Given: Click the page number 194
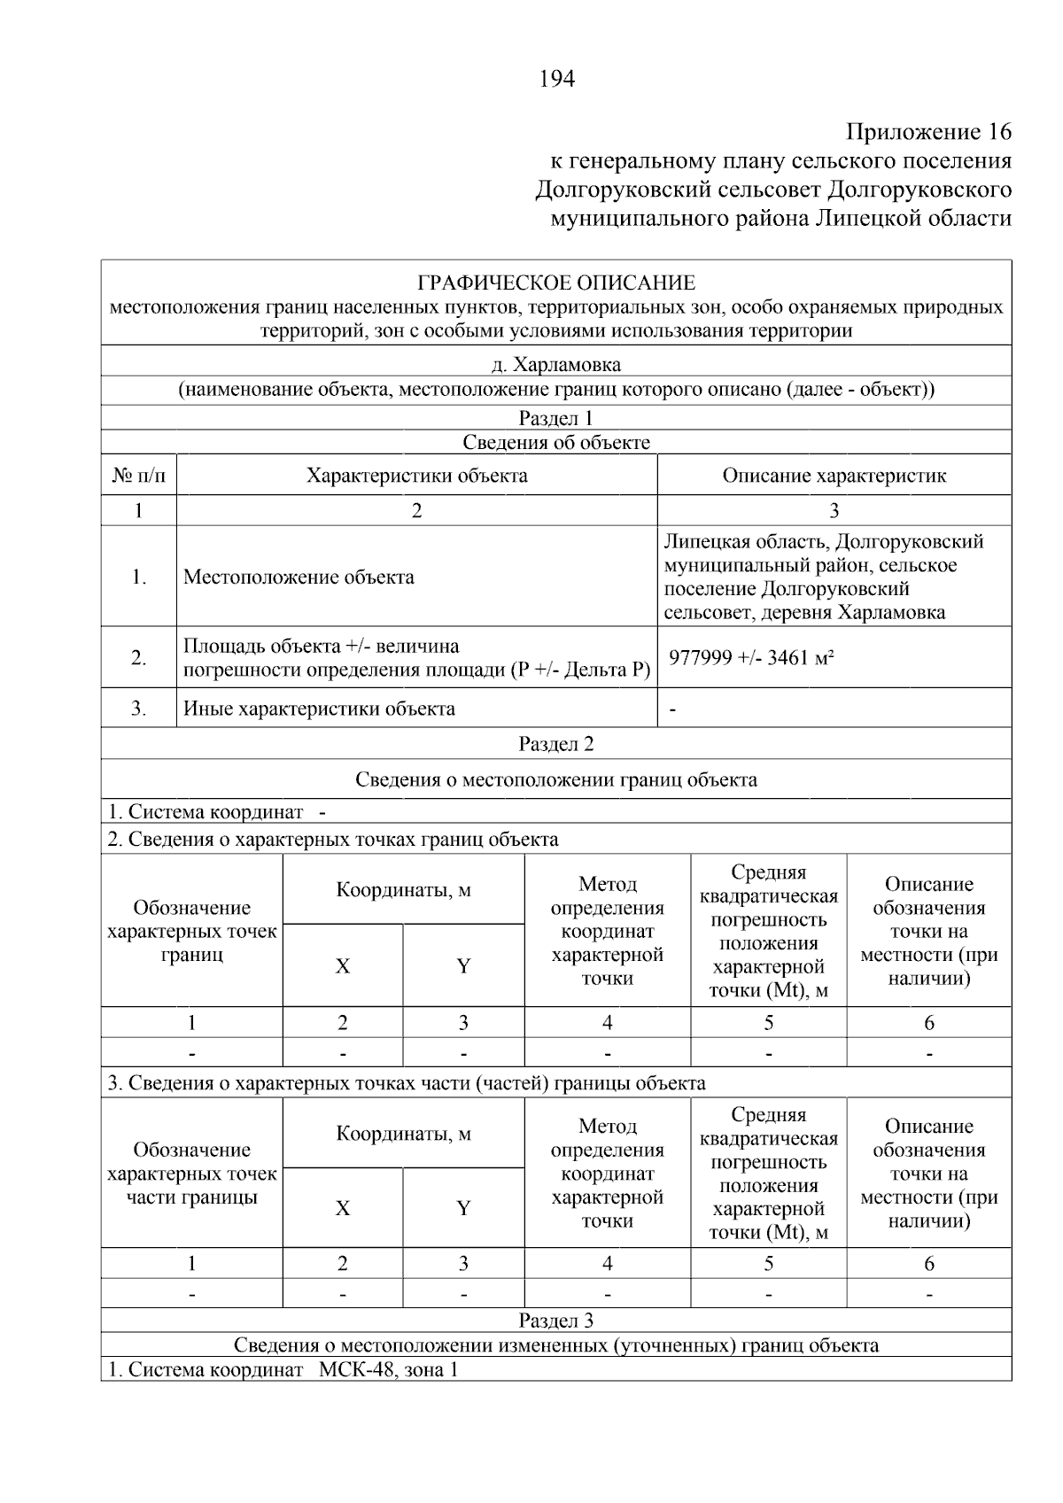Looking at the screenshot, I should [556, 80].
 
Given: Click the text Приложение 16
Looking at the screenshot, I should [927, 133].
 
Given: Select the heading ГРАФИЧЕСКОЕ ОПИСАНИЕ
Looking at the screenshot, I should [556, 283].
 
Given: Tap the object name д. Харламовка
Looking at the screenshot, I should [556, 365].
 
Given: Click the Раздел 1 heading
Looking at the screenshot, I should [556, 419].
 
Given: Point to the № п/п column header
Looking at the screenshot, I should [139, 476].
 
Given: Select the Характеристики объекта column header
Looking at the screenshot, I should [416, 476].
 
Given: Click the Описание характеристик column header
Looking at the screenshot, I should [834, 476].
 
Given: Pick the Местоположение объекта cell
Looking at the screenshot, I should [299, 577].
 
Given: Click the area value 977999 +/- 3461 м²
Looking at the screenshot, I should [751, 657].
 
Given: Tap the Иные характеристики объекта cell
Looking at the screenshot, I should [319, 709].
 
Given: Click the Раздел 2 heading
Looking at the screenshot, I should [556, 744].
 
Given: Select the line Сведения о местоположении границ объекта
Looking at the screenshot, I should [556, 779].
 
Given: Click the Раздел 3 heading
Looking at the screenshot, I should [556, 1321].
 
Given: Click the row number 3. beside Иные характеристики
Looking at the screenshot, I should [139, 709].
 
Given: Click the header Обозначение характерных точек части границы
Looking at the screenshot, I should [192, 1174].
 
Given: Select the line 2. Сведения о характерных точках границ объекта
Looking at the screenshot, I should [333, 840].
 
